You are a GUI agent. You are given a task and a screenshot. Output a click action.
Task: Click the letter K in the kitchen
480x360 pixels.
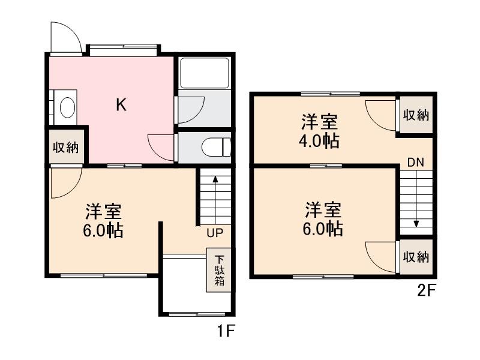pos(121,106)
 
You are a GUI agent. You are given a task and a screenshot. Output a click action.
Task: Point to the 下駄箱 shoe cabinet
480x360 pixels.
pos(219,270)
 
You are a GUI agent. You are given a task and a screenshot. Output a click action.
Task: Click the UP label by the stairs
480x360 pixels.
pos(215,233)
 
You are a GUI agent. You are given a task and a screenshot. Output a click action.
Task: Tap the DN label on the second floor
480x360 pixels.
pos(415,161)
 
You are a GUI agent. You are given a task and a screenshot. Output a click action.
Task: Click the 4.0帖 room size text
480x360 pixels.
pos(320,142)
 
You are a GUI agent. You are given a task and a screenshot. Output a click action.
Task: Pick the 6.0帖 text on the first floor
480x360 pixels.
pos(103,230)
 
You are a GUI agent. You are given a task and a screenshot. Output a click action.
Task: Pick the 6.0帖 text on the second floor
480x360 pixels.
pos(323,229)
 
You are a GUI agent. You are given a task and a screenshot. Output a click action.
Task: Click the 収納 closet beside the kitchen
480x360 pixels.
pos(65,147)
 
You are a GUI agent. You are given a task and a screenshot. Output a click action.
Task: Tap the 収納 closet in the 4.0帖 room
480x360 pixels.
pos(415,115)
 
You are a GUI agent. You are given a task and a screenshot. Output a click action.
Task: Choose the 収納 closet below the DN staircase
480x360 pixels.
pos(415,257)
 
